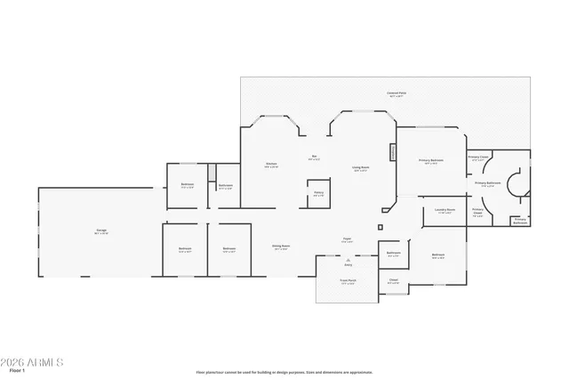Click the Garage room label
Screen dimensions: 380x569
coord(102,232)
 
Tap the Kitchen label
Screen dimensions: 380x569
coord(271,165)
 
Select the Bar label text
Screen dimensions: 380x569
coord(314,158)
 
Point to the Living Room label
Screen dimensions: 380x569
coord(360,167)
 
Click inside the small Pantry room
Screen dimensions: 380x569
coord(318,195)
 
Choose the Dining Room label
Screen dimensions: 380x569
coord(281,247)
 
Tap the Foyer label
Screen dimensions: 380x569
coord(349,239)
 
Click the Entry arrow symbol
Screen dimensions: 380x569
coord(349,260)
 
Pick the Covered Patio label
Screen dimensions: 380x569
coord(396,93)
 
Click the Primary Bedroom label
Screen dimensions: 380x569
coord(430,161)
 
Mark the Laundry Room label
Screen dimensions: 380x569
coord(445,211)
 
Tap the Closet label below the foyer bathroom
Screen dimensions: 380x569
coord(393,280)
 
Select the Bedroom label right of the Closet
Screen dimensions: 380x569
coord(437,255)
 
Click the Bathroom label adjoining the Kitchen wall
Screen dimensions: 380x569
coord(225,186)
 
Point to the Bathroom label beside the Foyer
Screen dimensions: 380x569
coord(393,254)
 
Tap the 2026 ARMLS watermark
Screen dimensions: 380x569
coord(32,362)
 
